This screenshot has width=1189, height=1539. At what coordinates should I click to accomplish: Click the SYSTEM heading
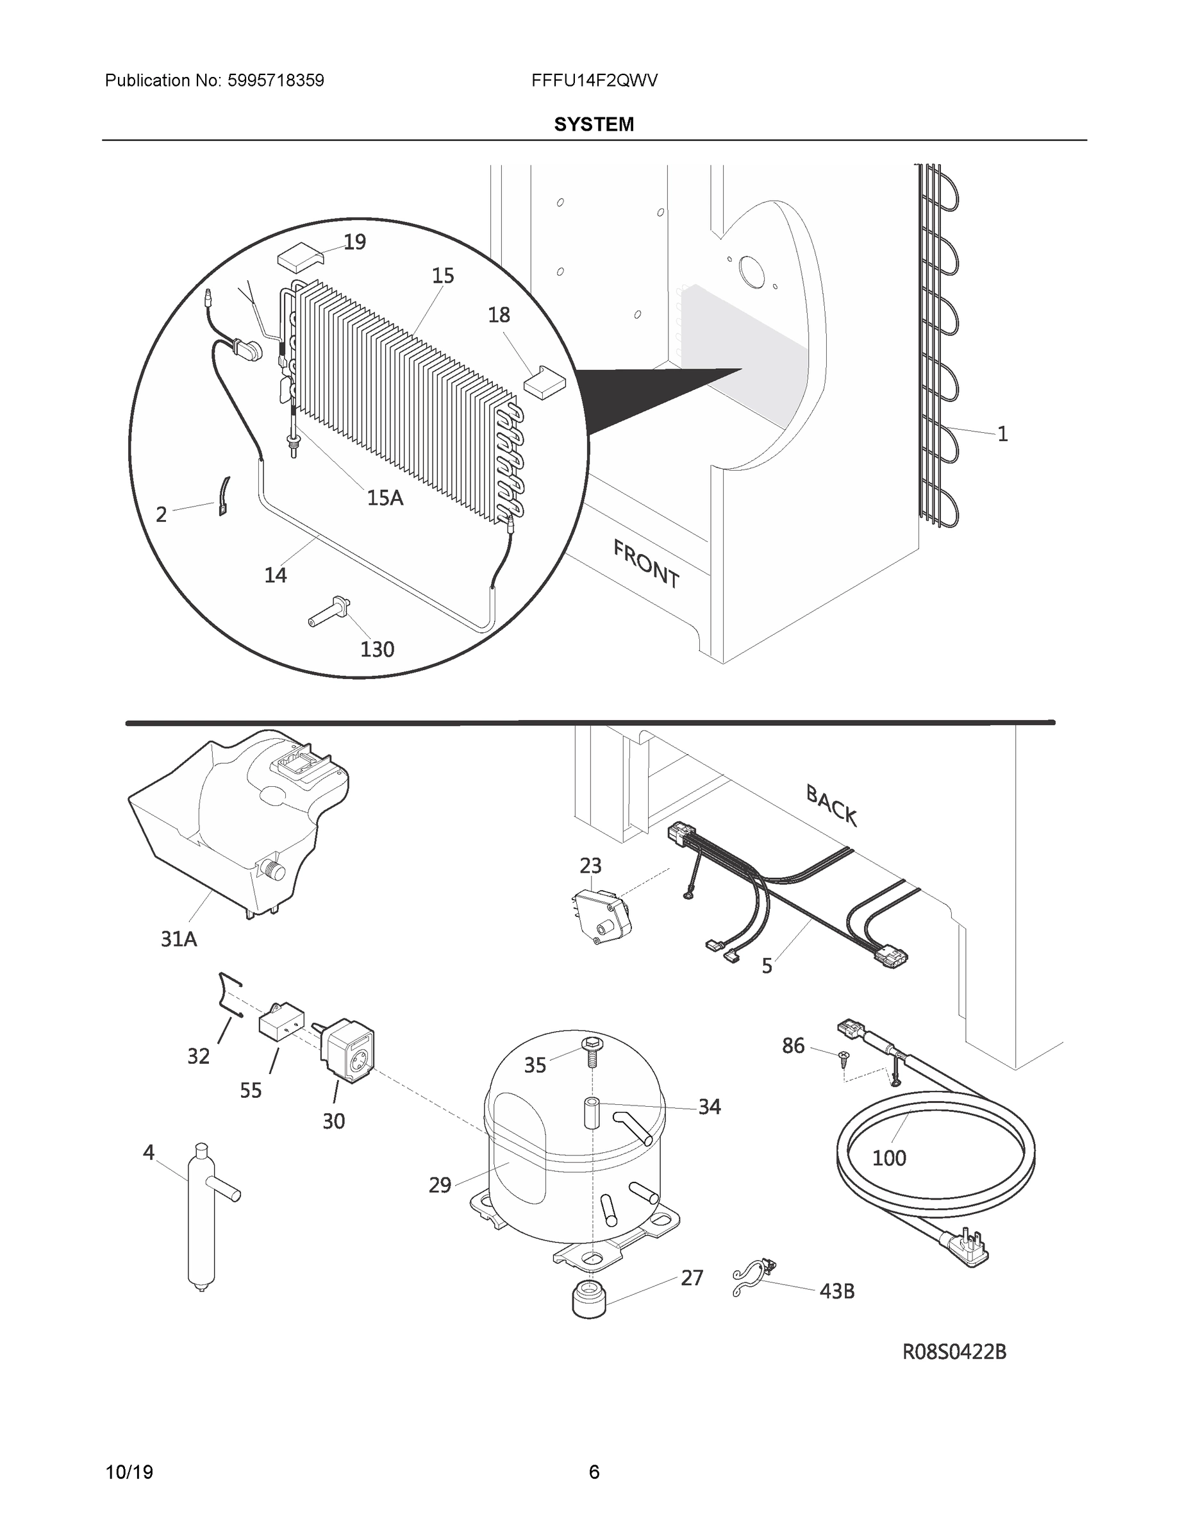[x=594, y=125]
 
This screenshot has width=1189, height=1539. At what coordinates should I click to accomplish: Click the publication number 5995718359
[x=276, y=81]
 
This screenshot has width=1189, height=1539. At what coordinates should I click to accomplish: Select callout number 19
[x=354, y=242]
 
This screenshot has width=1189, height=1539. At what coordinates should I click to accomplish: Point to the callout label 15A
[x=385, y=498]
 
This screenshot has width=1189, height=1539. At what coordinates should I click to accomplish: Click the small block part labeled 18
[x=544, y=382]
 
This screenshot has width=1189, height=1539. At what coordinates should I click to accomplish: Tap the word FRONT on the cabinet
[x=646, y=563]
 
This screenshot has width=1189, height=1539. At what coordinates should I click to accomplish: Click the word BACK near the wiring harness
[x=831, y=805]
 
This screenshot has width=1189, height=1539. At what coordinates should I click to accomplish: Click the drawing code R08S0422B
[x=954, y=1352]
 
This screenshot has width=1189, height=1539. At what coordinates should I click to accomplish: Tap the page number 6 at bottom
[x=594, y=1472]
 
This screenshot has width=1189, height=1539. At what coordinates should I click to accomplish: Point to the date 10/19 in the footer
[x=129, y=1472]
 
